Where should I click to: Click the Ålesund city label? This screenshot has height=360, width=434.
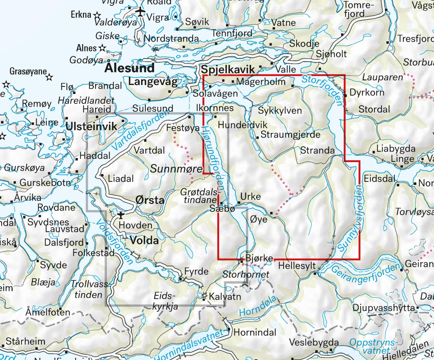[x=130, y=68]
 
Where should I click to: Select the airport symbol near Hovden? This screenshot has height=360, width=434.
[x=120, y=216]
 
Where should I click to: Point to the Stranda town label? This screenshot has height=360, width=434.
[x=318, y=151]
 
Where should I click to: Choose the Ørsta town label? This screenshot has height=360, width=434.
[x=149, y=200]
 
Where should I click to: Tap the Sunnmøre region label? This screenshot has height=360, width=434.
[x=170, y=168]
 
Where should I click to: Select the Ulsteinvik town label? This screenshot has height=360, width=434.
[x=92, y=126]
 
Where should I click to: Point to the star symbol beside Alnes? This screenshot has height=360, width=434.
[x=102, y=47]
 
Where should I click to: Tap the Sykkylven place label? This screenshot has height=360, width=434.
[x=280, y=110]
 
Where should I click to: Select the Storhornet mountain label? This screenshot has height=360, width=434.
[x=246, y=275]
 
